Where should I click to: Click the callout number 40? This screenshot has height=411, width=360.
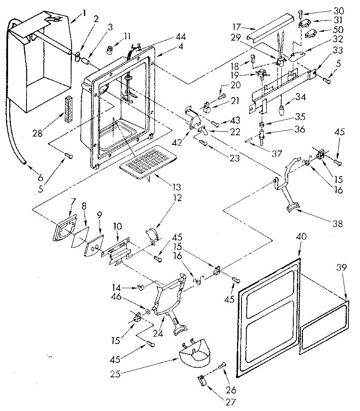pos(301,237)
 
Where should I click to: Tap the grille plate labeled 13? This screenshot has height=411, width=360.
pos(144,161)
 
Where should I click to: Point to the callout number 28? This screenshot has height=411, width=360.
pos(38,134)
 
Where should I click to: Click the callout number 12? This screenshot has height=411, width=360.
pos(177,198)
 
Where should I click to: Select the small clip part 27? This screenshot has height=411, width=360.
pos(202,380)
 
